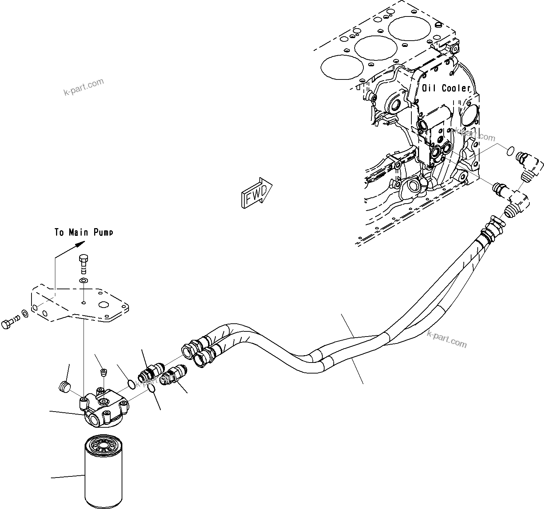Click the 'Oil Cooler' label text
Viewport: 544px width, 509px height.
(x=446, y=88)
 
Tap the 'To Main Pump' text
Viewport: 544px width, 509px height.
(x=84, y=233)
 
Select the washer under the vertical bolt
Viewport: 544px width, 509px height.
(x=84, y=280)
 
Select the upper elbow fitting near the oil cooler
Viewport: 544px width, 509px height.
(x=528, y=164)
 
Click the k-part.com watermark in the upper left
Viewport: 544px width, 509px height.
(x=84, y=87)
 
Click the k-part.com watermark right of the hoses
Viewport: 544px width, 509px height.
(x=447, y=339)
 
